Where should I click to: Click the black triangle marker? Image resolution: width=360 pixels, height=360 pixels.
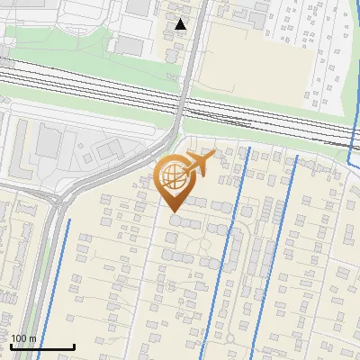(181, 24)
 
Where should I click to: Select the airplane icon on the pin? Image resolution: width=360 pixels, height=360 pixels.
(198, 164)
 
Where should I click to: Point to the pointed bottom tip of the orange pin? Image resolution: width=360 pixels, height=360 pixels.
(173, 211)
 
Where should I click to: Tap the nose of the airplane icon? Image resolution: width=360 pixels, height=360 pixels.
(213, 155)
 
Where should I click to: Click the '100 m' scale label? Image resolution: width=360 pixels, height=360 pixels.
(24, 338)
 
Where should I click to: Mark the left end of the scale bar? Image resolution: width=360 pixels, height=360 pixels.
(11, 346)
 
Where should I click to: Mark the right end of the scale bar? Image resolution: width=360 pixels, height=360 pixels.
(74, 346)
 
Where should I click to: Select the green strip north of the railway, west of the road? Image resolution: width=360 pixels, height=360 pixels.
(90, 67)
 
